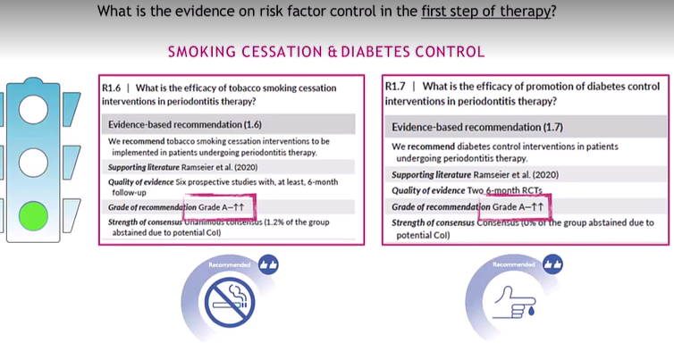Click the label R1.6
113,88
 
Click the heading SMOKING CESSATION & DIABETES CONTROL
326,52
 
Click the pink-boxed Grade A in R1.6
219,207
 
